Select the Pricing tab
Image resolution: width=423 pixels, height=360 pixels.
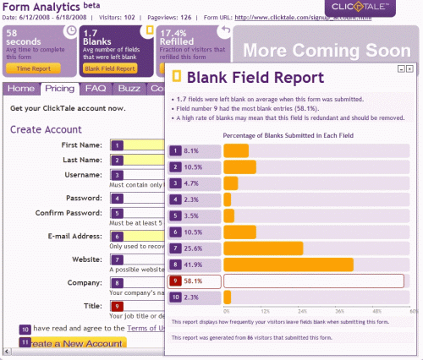(x=59, y=89)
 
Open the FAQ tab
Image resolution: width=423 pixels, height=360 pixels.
(x=95, y=89)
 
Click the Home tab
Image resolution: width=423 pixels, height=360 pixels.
(x=21, y=89)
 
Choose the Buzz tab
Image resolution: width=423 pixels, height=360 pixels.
(x=129, y=89)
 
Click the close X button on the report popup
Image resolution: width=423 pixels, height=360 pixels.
(x=409, y=68)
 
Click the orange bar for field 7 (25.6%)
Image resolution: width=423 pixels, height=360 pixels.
(x=263, y=248)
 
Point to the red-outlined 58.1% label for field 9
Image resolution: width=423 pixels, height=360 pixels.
(x=195, y=281)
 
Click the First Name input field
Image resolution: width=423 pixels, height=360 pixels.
(x=144, y=145)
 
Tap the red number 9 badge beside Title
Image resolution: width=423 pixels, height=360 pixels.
(x=118, y=305)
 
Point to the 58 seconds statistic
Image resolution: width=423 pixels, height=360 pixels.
(x=27, y=38)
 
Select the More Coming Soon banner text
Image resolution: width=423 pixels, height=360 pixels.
(x=327, y=47)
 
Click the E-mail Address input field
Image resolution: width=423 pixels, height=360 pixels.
(x=144, y=237)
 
